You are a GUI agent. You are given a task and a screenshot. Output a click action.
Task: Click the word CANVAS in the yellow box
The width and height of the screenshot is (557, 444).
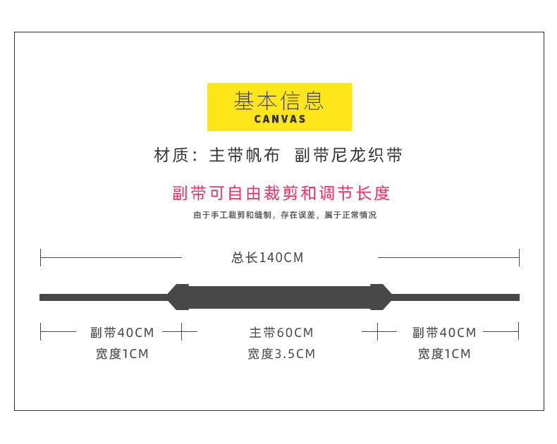point(279,119)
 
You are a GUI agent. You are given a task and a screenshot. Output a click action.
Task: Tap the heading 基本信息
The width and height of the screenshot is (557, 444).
point(279,101)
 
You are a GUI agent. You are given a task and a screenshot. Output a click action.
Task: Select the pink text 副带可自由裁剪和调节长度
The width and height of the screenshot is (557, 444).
point(281,193)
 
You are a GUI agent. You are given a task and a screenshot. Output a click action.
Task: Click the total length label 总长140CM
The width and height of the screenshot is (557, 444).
point(267,258)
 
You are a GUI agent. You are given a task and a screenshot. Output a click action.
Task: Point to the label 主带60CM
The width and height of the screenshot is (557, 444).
point(281,333)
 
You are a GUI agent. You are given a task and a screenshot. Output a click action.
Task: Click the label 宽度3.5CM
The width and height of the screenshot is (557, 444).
point(281,354)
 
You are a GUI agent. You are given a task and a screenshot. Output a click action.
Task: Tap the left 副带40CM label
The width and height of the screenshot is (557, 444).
point(122,333)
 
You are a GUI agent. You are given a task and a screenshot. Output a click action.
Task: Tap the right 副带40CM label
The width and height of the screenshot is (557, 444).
point(444,333)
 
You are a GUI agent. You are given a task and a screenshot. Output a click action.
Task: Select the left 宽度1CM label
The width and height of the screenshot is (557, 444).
point(122,354)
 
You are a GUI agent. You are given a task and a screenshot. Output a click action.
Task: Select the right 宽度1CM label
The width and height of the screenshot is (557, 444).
point(444,354)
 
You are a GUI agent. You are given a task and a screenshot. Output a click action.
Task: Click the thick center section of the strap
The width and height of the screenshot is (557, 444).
point(280,297)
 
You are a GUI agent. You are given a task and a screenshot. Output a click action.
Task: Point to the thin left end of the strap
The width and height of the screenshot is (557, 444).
point(99,297)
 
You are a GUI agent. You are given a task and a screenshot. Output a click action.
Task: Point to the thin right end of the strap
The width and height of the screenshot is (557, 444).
point(458,297)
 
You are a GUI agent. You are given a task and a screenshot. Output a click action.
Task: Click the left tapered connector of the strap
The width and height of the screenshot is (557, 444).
point(178,297)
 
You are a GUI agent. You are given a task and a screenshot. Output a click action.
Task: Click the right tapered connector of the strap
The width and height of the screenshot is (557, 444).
point(381,297)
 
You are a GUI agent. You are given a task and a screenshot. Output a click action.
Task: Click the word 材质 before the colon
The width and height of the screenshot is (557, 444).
point(170,156)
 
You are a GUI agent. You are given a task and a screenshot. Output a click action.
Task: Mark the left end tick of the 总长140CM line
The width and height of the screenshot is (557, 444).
point(41,257)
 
